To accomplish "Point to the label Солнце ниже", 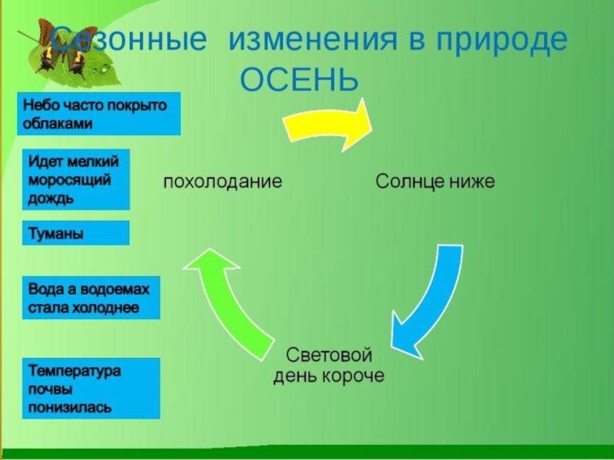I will [434, 182].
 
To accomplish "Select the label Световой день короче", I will [329, 366].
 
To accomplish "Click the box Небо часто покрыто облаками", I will [98, 113].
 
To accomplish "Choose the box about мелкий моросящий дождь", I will [75, 179].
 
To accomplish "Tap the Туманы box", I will [75, 233].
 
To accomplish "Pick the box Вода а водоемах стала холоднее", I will [90, 297].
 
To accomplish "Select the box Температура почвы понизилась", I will [90, 388].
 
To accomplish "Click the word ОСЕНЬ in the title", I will [299, 78].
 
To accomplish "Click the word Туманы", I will [56, 233].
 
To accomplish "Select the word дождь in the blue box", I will [51, 199].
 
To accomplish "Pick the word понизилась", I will [70, 406].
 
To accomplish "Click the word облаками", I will [58, 123].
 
